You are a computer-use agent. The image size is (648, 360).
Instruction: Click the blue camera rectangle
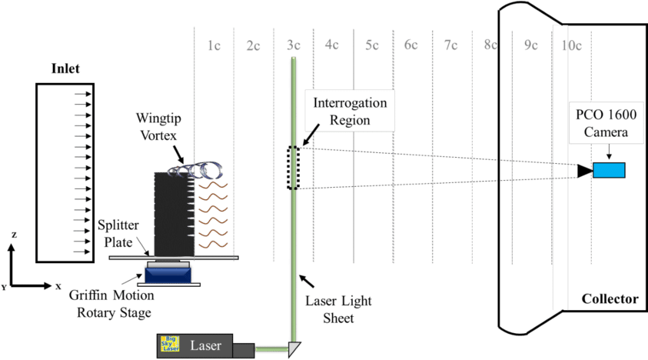point(608,170)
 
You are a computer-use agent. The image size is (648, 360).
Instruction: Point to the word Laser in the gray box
point(205,346)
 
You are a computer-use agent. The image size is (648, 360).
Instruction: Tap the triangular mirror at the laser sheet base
point(293,348)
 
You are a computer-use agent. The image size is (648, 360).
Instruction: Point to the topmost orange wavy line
point(213,185)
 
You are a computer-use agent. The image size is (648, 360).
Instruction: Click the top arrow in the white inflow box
point(83,95)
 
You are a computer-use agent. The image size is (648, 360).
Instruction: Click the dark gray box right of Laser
point(242,349)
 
